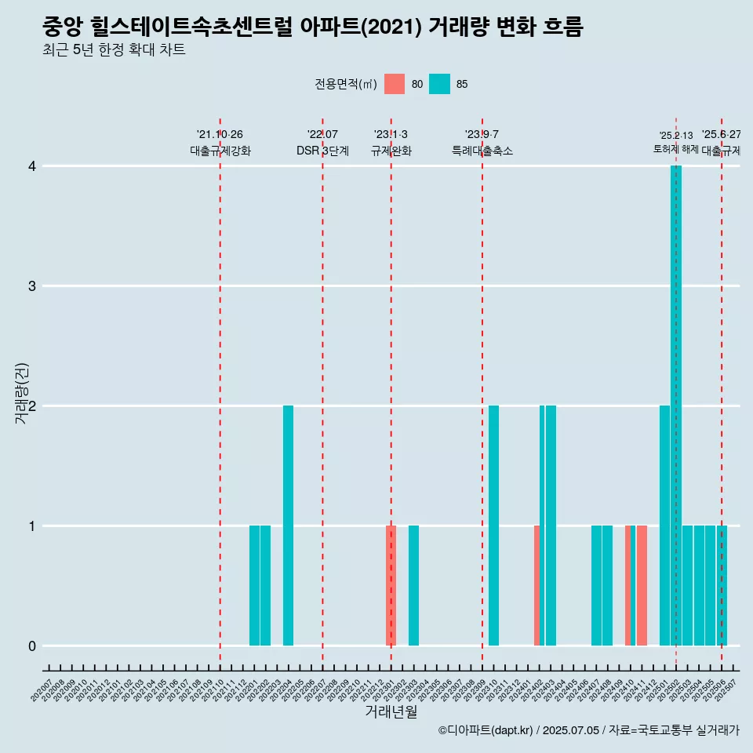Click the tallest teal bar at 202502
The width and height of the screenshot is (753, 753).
[676, 406]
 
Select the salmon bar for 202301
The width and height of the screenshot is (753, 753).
[391, 585]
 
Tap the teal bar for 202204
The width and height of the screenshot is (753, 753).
[288, 526]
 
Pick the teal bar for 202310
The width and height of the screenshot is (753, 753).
[493, 526]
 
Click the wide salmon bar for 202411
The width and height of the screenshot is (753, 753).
[642, 585]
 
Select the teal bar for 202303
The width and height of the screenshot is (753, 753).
[413, 585]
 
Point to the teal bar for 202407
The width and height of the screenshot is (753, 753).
[596, 585]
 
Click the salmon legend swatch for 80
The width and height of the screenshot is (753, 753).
[395, 84]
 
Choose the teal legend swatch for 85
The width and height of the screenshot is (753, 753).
[440, 84]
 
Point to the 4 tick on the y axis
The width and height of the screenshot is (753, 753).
[32, 166]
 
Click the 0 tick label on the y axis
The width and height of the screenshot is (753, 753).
[32, 646]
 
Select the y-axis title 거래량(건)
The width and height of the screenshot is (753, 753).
[21, 393]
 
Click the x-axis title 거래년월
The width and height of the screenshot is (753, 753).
[391, 711]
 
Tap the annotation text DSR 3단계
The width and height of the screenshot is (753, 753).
[322, 151]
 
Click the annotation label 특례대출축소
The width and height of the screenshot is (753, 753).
[482, 151]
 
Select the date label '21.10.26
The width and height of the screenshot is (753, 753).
[220, 134]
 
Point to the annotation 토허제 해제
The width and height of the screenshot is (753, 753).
[675, 149]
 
